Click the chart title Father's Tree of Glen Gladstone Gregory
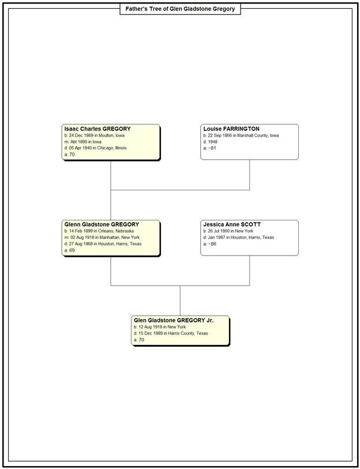tap(180, 9)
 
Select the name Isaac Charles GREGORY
tap(97, 129)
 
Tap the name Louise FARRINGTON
tap(231, 129)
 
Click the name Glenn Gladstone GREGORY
tap(102, 224)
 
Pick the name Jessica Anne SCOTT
tap(232, 224)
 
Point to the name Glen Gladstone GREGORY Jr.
tap(174, 320)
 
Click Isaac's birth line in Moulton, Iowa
tap(94, 136)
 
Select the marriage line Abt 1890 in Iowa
tap(83, 142)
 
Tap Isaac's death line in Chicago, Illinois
tap(95, 148)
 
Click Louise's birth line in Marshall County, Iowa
tap(241, 136)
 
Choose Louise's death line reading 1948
tap(211, 142)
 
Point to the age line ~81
tap(209, 148)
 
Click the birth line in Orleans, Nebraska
tap(99, 231)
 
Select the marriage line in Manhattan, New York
tap(102, 238)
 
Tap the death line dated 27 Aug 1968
tap(103, 244)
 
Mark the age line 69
tap(69, 250)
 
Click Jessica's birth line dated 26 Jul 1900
tap(228, 231)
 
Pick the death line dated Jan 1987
tap(238, 238)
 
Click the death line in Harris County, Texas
tap(171, 333)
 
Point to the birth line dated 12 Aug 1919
tap(160, 327)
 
